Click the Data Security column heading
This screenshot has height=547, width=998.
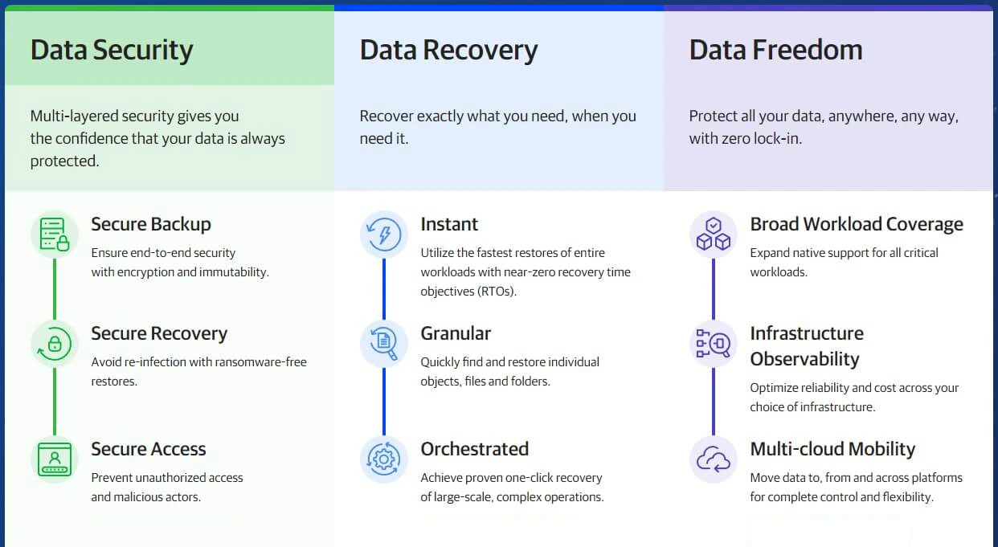[112, 51]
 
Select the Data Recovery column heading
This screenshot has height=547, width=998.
[448, 51]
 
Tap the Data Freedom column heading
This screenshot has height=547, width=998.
[775, 50]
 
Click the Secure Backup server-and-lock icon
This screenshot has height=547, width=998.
[55, 235]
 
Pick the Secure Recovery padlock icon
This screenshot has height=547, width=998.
[55, 344]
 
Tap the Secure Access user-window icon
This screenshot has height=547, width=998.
[55, 459]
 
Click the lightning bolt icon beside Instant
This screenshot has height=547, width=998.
[383, 235]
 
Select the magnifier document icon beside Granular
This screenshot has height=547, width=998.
[383, 344]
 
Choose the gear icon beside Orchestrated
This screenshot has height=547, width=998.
[383, 459]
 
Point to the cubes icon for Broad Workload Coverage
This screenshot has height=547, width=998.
[714, 235]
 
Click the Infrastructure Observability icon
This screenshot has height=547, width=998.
[714, 344]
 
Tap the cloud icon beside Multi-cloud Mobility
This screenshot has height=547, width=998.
[714, 459]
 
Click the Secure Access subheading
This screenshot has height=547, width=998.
[149, 449]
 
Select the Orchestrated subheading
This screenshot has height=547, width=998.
[475, 449]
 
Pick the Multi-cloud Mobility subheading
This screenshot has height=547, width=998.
[832, 449]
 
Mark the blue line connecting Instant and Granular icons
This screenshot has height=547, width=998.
[384, 289]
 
